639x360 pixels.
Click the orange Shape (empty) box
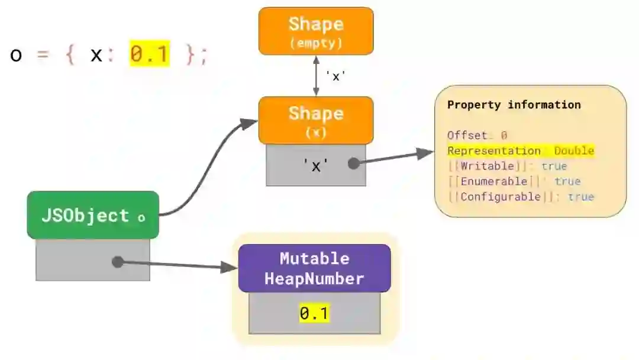[316, 31]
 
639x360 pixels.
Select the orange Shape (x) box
[316, 120]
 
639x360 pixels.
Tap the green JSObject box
[93, 216]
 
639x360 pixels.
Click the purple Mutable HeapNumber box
[314, 268]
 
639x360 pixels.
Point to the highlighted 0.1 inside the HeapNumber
[314, 313]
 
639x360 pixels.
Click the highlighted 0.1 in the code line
[150, 55]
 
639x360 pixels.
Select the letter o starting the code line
[17, 56]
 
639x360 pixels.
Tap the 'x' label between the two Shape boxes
[335, 76]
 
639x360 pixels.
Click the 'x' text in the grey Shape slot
[316, 166]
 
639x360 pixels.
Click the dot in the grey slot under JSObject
[118, 261]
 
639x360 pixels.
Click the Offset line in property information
[477, 136]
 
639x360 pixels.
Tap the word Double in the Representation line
[574, 151]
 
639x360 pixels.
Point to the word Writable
[488, 166]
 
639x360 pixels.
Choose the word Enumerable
[493, 182]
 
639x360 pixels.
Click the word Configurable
[500, 197]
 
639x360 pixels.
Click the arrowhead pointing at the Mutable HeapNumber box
[230, 267]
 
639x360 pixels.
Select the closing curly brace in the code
[191, 56]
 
